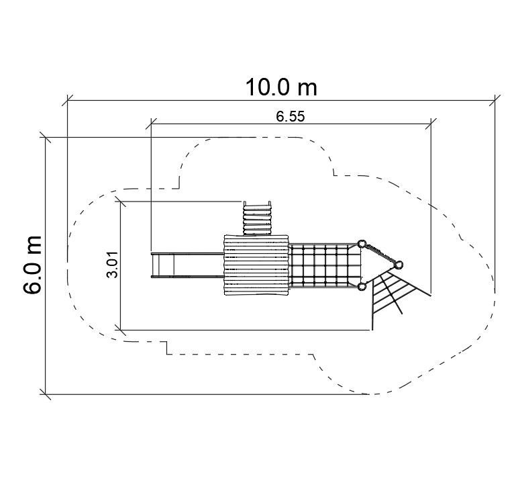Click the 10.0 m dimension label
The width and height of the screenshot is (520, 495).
(281, 87)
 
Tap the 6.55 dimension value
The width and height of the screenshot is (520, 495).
(290, 116)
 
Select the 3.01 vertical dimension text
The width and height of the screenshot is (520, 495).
(113, 264)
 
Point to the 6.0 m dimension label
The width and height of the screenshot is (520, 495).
(32, 265)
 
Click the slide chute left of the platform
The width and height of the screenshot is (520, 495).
(187, 265)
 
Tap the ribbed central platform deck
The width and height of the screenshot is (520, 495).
(256, 265)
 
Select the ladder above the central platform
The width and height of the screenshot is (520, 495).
(258, 218)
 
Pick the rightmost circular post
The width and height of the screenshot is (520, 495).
(399, 265)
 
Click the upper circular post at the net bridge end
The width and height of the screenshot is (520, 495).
(362, 244)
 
